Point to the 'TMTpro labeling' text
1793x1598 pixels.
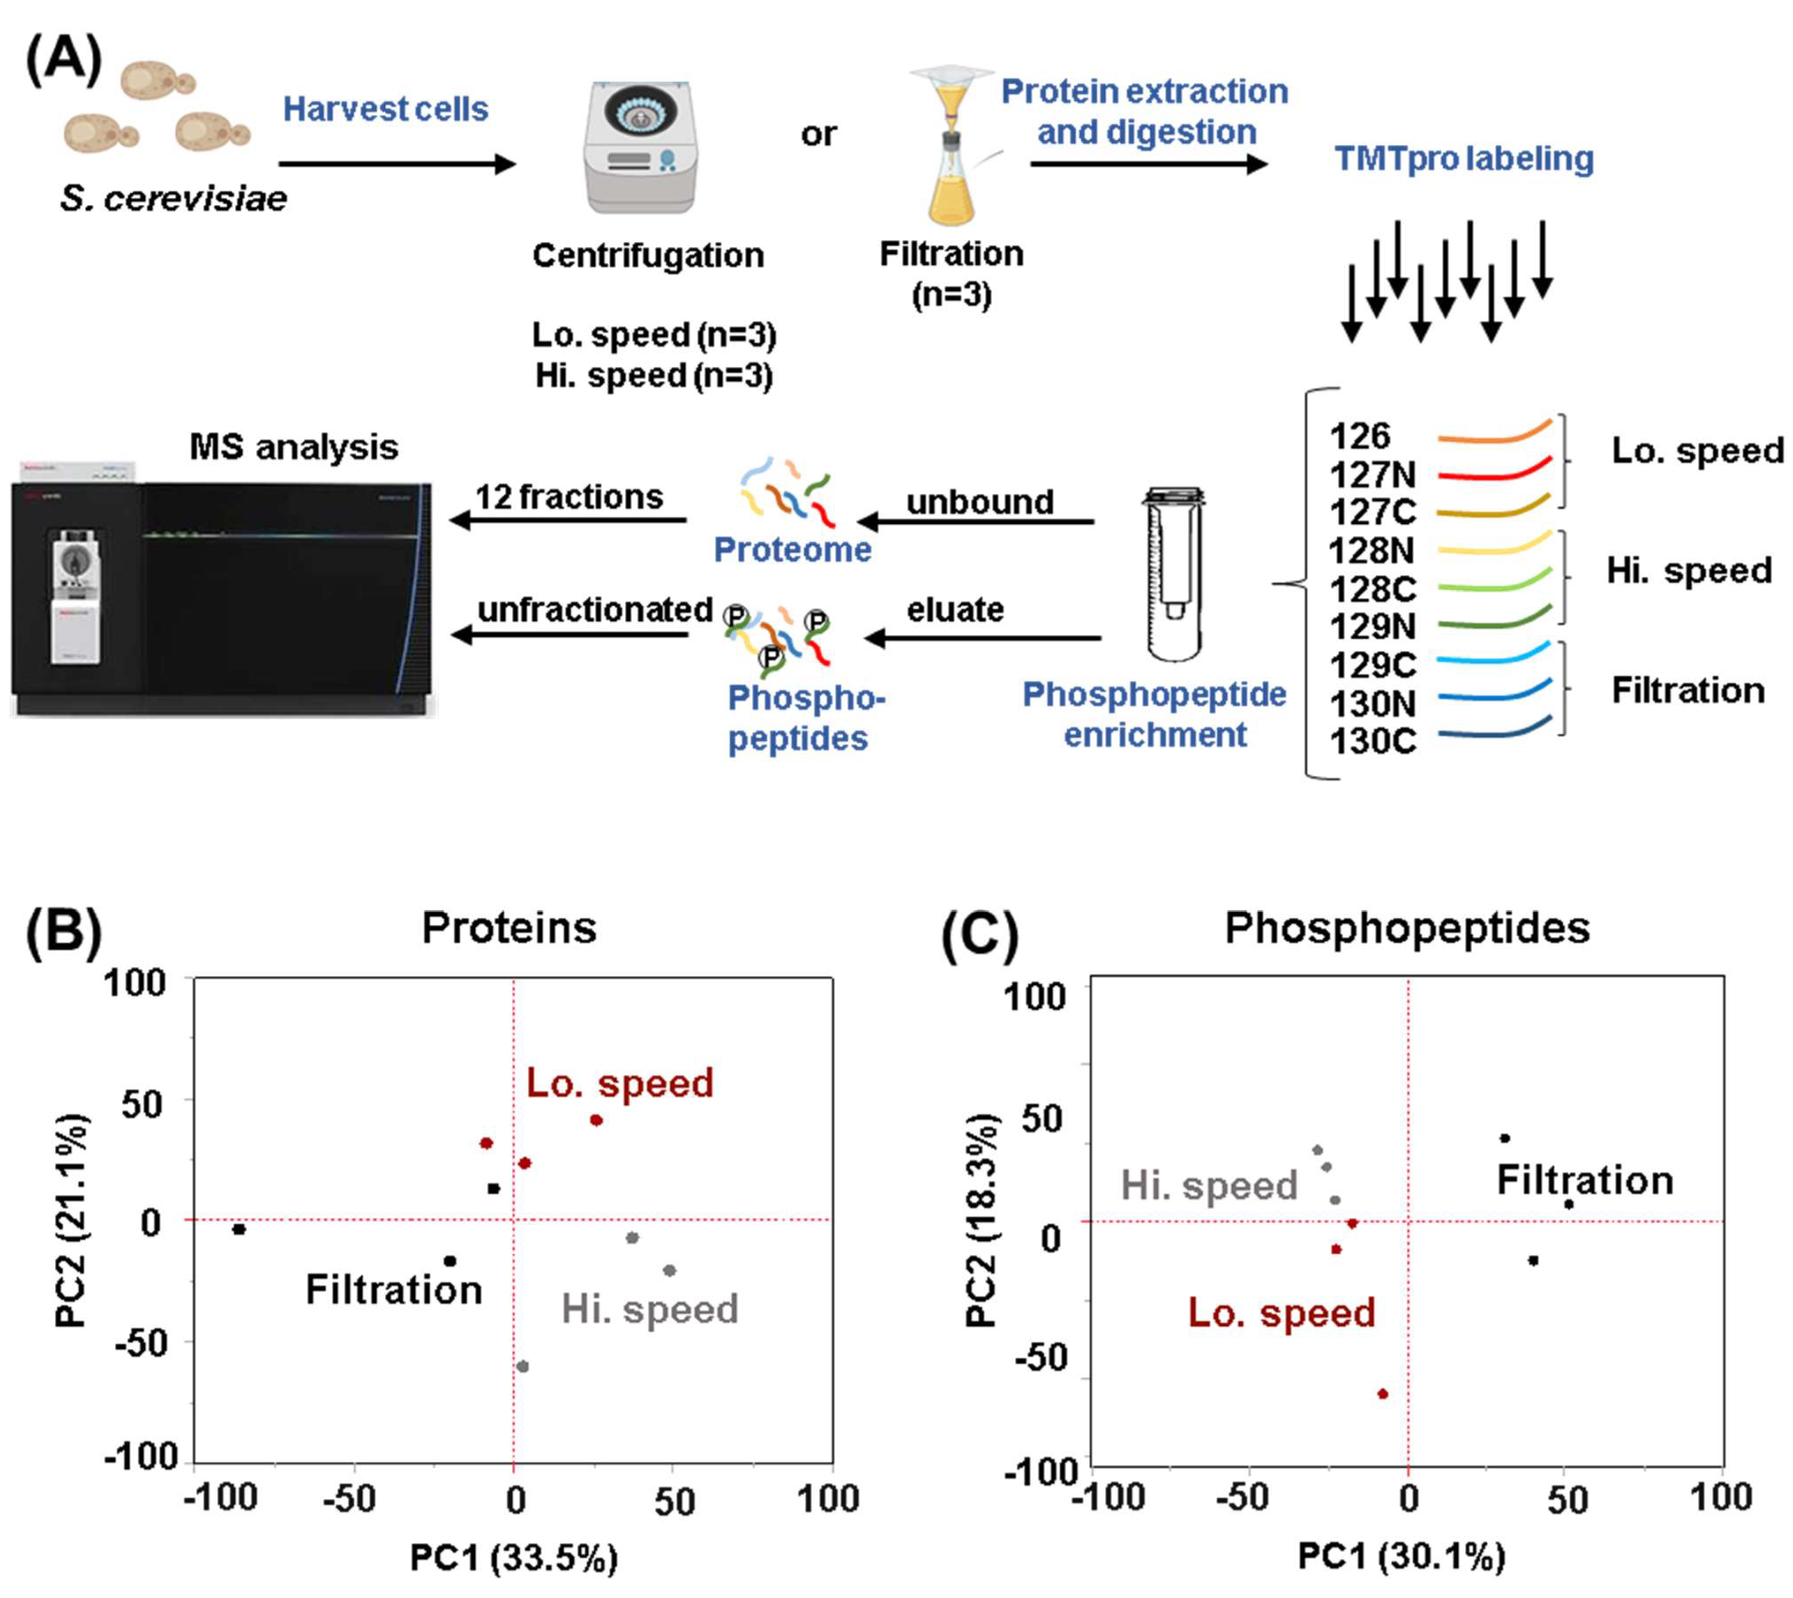1464,159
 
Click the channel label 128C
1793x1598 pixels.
1373,589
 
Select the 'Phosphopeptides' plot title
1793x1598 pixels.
1407,928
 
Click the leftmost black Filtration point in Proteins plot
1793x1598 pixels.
239,1229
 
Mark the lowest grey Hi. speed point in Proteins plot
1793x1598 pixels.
522,1366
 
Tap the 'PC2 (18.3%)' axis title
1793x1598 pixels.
981,1220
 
